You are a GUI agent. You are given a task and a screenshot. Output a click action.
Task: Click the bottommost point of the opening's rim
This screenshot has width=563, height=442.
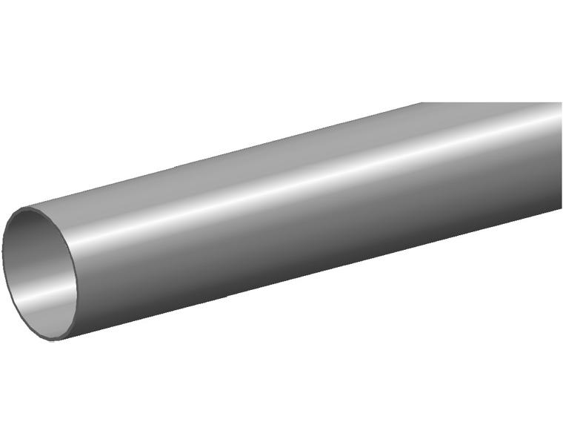coord(56,340)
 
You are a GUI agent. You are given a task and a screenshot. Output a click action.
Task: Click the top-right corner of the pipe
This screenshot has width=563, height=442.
coord(561,103)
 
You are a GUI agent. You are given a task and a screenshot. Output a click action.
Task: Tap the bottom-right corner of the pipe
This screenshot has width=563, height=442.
coord(561,209)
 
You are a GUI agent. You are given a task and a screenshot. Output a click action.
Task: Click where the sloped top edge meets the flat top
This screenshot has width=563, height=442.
coord(422,103)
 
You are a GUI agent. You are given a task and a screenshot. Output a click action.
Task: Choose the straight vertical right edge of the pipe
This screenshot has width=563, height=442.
coord(561,156)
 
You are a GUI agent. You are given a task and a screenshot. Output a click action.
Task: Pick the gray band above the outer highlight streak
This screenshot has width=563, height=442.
coord(296,159)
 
